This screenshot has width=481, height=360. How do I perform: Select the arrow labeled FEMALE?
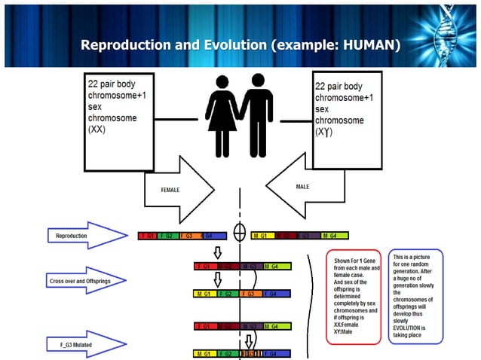coord(179,191)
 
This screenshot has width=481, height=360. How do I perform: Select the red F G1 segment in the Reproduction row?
coord(149,236)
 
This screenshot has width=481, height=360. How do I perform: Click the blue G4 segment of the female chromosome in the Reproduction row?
coord(213,236)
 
